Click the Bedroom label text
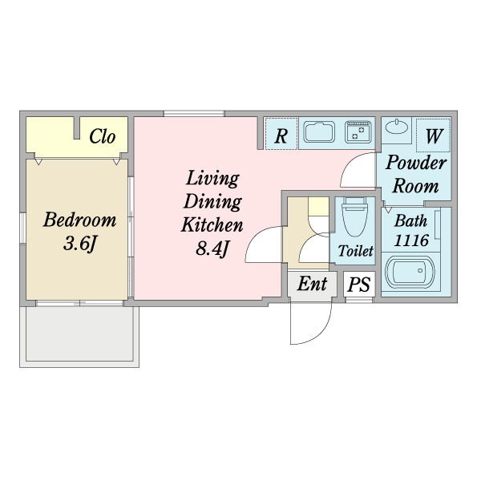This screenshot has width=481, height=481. click(x=79, y=220)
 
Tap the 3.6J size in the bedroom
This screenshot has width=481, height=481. click(x=80, y=244)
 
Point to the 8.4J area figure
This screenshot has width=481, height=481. click(x=212, y=249)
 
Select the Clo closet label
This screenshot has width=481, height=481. click(x=103, y=136)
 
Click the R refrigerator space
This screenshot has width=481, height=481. click(x=281, y=134)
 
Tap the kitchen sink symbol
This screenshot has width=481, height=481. click(x=319, y=132)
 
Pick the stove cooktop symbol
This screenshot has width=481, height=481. click(x=358, y=132)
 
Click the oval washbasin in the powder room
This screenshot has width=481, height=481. click(x=397, y=127)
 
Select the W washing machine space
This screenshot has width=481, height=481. click(x=433, y=135)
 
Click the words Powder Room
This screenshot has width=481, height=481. click(x=415, y=174)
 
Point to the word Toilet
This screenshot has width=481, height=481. click(x=355, y=251)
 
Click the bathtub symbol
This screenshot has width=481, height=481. click(x=410, y=272)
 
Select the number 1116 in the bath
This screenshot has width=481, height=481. click(x=411, y=240)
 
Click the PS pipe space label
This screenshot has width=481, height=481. click(x=359, y=284)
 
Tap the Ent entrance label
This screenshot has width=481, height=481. click(x=312, y=284)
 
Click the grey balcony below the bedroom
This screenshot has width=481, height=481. click(x=79, y=333)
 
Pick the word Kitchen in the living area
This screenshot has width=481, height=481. click(x=212, y=224)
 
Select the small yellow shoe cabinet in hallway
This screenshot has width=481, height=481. click(x=318, y=207)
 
